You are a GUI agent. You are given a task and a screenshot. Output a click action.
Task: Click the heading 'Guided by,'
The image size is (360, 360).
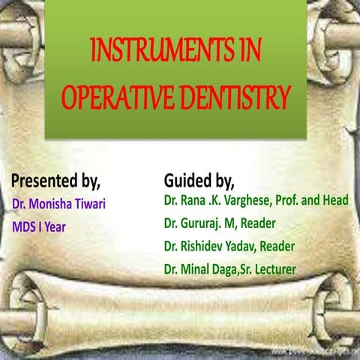coord(199,181)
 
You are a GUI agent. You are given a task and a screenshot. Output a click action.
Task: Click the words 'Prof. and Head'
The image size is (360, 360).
coord(313,201)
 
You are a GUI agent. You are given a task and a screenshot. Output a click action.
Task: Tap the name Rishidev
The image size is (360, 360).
coord(203,246)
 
